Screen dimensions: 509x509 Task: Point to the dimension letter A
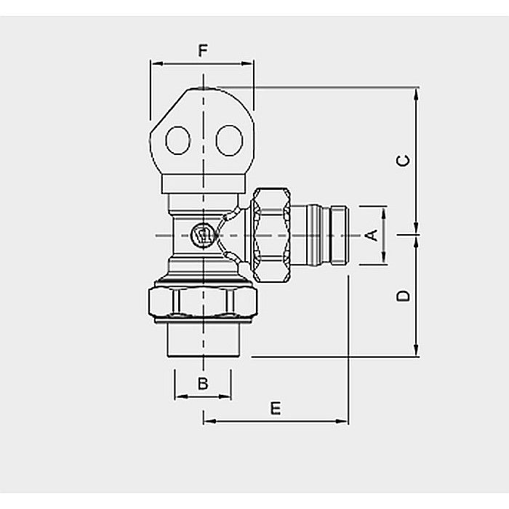[x=370, y=235]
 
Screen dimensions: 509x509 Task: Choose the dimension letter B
[x=203, y=383]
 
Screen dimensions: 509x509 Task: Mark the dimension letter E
[x=275, y=408]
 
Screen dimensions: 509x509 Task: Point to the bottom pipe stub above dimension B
[x=203, y=340]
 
